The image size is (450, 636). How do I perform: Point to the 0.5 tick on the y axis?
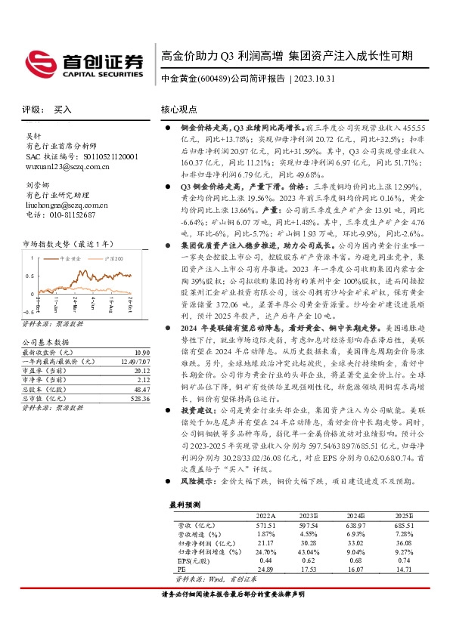click(30, 276)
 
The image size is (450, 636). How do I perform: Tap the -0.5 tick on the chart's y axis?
click(29, 311)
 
